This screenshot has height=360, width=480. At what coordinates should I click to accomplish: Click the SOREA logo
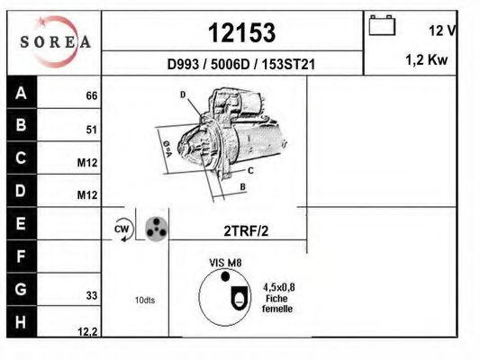tap(55, 42)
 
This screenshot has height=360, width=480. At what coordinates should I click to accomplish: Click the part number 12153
tap(242, 32)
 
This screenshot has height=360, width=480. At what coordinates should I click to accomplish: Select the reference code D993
tap(183, 65)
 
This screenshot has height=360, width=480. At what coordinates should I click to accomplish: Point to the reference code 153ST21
tap(288, 65)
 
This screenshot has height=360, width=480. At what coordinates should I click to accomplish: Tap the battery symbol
tap(382, 25)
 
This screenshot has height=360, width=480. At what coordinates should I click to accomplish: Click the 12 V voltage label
tap(443, 31)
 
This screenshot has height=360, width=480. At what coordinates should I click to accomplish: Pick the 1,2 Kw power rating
tap(427, 59)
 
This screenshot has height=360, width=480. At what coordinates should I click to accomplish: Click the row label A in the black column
tap(21, 93)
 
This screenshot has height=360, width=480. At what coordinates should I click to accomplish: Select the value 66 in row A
tap(92, 95)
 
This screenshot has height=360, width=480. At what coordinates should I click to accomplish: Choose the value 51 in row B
tap(92, 130)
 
